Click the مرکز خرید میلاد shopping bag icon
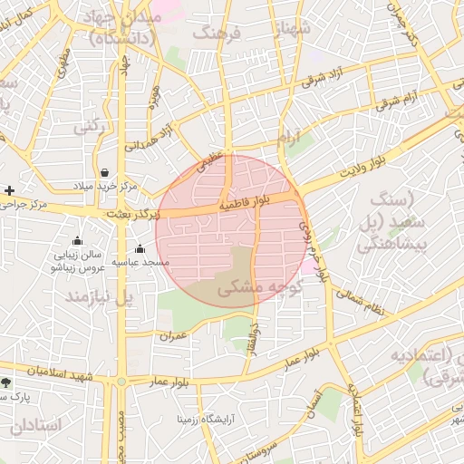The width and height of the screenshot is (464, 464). click(105, 171)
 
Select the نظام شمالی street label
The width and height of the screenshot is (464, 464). click(360, 302)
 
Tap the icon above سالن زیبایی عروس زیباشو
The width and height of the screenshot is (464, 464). click(76, 241)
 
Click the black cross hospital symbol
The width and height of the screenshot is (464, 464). click(9, 190)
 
